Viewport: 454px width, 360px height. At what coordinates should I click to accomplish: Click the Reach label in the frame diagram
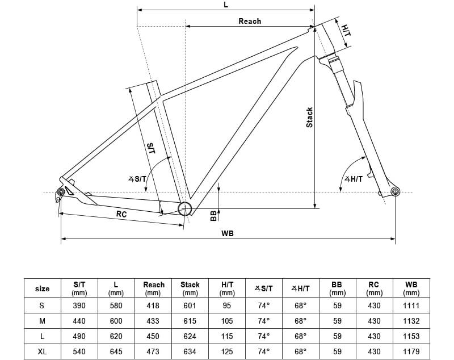point(250,21)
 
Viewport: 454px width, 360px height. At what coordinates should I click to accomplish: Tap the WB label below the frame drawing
point(228,233)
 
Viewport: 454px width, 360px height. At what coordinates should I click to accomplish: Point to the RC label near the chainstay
point(121,214)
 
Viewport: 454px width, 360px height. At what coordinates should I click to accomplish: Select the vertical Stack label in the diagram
point(309,118)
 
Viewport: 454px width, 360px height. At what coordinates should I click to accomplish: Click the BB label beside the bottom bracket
point(213,215)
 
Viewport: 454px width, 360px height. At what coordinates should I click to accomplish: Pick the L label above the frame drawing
point(226,5)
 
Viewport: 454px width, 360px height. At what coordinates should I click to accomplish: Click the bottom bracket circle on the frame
point(184,208)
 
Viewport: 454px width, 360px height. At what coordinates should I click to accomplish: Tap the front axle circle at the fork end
point(396,191)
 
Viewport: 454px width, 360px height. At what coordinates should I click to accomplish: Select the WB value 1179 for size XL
point(411,351)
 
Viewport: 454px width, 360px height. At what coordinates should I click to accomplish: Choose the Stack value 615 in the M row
point(190,321)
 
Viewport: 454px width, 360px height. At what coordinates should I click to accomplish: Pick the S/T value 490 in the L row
point(79,336)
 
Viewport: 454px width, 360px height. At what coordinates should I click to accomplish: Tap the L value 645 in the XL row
point(116,351)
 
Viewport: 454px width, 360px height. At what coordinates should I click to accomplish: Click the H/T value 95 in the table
point(227,305)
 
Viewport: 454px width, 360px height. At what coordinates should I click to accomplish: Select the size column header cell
point(43,288)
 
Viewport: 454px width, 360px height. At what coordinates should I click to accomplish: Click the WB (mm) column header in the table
point(411,288)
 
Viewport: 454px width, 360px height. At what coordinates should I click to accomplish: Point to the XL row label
point(43,351)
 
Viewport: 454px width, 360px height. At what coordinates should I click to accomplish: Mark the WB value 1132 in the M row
point(411,321)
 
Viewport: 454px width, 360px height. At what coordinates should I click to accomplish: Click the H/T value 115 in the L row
point(227,336)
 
